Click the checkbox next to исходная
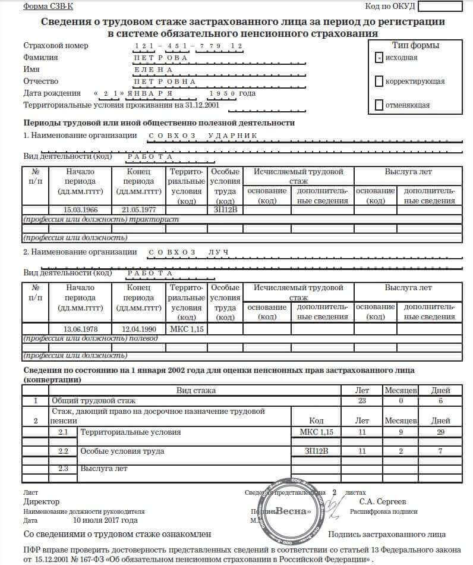coord(379,58)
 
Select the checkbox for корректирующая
coord(379,81)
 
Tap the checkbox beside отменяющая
coord(379,105)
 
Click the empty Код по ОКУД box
coord(440,7)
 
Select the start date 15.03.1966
coord(80,210)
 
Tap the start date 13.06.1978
coord(80,329)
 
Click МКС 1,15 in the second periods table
coord(187,329)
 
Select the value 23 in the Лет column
coord(361,401)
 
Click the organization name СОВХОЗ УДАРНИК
coord(202,136)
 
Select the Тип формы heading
coord(415,45)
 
